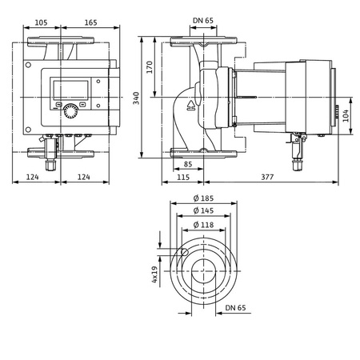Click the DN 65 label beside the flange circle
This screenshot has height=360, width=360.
236,307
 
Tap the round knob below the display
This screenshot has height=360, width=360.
72,110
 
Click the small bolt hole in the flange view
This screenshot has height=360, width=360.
183,253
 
